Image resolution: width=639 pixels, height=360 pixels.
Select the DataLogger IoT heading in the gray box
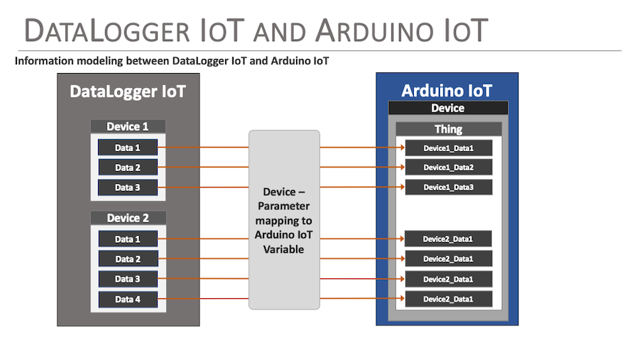tap(128, 92)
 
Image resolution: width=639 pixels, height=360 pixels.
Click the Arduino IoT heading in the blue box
tap(447, 91)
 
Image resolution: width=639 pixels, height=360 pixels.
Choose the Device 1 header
tap(128, 126)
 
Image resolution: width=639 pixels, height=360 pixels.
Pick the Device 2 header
tap(128, 217)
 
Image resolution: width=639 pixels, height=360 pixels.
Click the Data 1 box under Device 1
tap(128, 148)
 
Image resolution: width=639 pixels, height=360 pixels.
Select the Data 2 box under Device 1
tap(128, 168)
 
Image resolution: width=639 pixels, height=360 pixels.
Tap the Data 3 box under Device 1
tap(128, 187)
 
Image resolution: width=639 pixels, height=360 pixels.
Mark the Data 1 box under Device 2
tap(128, 239)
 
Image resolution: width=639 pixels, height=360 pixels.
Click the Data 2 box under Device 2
tap(128, 259)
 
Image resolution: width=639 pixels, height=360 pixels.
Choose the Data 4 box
tap(128, 300)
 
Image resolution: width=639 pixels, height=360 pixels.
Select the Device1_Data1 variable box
tap(448, 148)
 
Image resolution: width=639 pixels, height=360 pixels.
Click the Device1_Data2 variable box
tap(448, 168)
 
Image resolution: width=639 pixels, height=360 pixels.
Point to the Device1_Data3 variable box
tap(448, 187)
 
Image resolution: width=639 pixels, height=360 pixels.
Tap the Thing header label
tap(448, 129)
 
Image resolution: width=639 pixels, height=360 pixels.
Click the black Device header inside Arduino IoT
tap(448, 108)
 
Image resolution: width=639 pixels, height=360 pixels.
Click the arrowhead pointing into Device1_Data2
tap(401, 168)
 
